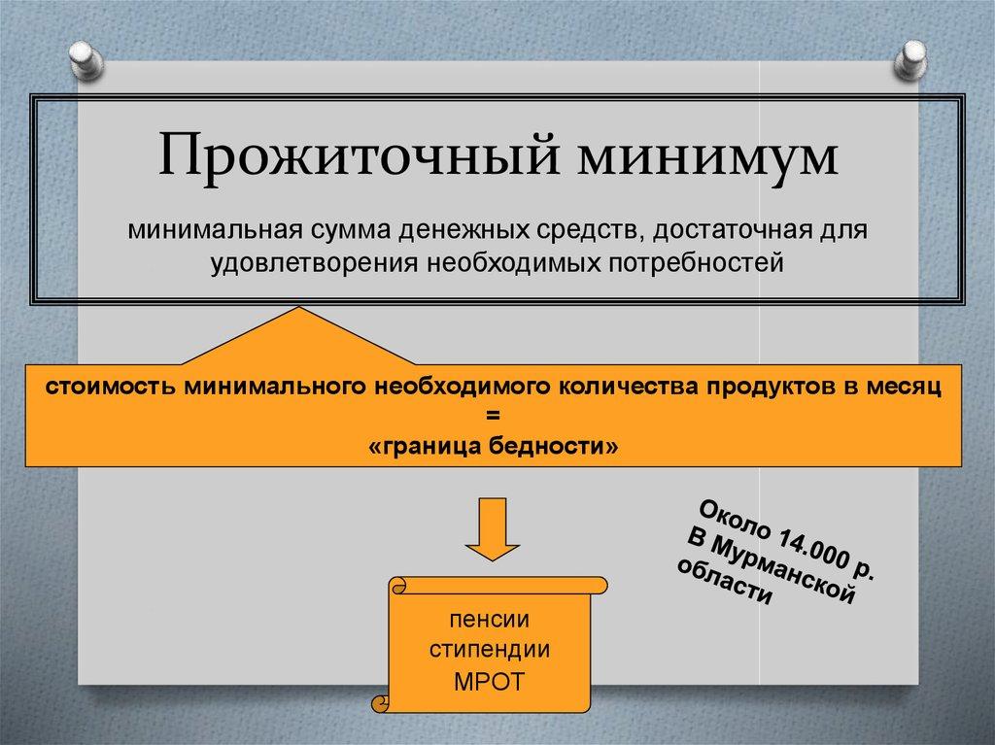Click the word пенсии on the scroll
pos(489,619)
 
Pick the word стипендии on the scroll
pos(489,650)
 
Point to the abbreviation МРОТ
pos(489,681)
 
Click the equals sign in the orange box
pos(492,416)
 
